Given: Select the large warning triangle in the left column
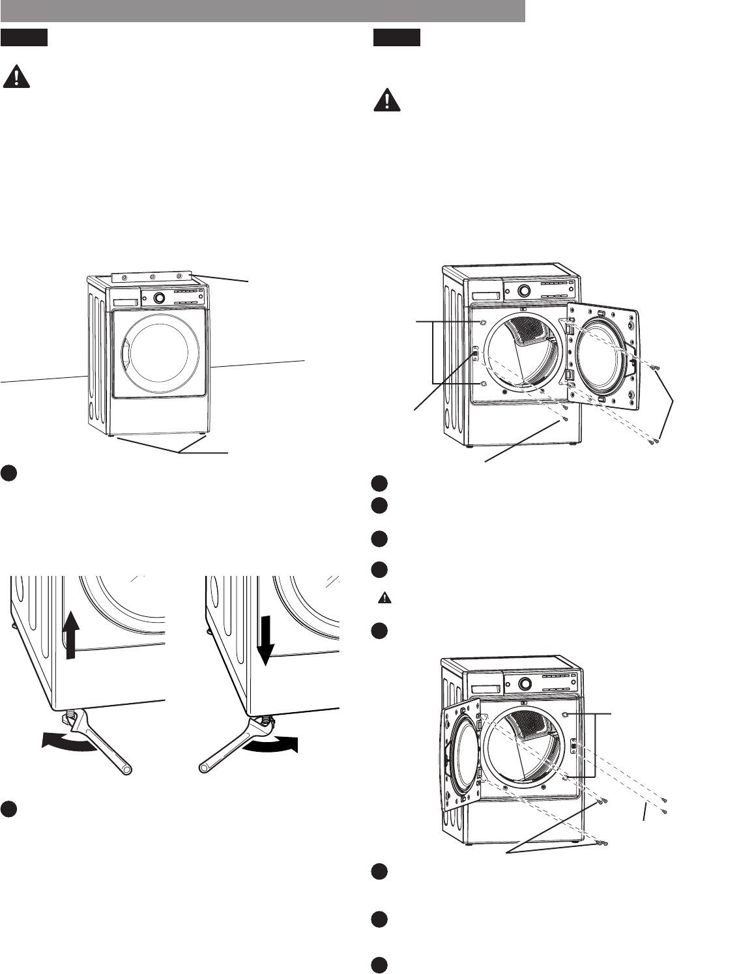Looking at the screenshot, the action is (16, 78).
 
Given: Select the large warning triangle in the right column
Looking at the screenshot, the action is (386, 100).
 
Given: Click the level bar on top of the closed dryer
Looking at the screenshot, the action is (152, 277).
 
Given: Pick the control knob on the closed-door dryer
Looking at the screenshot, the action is (159, 298).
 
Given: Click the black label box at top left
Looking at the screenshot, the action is (25, 38).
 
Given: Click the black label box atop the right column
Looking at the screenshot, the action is (396, 38).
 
